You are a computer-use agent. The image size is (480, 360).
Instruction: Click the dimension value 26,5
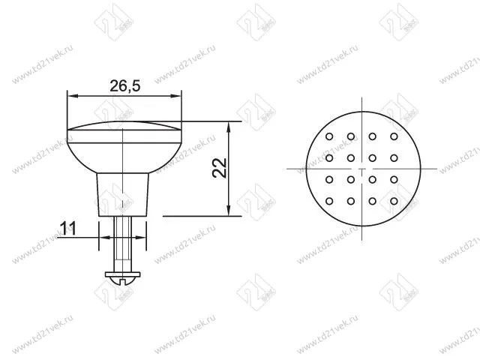(x=124, y=85)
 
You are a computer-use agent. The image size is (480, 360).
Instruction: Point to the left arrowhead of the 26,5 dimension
(x=70, y=94)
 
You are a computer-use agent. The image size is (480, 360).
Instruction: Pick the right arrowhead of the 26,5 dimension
(x=179, y=94)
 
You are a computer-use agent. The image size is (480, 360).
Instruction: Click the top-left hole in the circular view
(x=329, y=136)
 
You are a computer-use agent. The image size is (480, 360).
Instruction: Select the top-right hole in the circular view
(x=394, y=136)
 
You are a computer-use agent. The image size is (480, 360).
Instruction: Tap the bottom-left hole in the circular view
(x=329, y=201)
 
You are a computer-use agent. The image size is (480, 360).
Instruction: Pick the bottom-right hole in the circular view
(x=394, y=201)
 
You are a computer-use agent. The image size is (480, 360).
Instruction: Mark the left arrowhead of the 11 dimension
(x=101, y=238)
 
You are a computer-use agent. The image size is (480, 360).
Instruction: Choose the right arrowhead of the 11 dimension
(x=146, y=238)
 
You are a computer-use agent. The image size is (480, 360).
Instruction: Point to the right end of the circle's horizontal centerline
(x=436, y=169)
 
